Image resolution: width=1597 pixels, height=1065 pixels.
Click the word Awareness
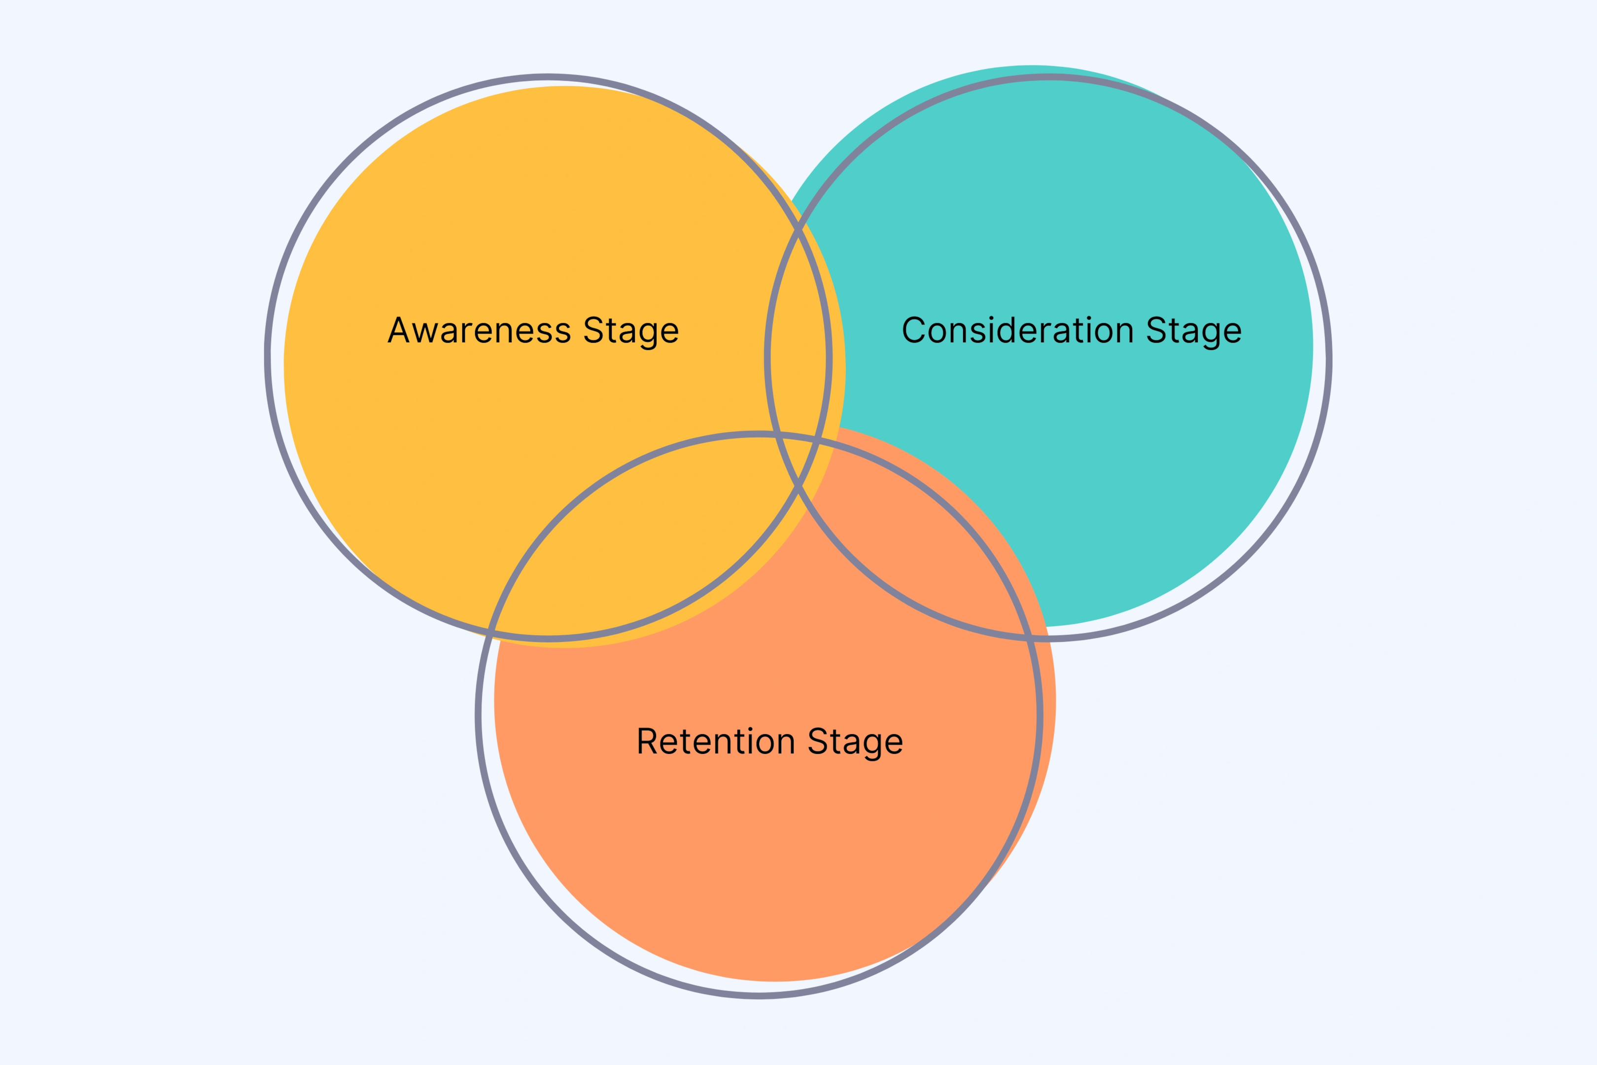[x=479, y=331]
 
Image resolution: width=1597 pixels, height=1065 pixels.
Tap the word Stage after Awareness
[x=631, y=331]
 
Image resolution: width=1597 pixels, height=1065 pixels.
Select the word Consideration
[x=1017, y=331]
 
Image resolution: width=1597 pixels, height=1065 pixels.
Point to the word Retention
[x=716, y=741]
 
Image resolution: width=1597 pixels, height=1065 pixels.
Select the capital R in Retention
[x=647, y=741]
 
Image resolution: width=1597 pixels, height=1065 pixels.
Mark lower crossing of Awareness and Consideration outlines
[x=798, y=486]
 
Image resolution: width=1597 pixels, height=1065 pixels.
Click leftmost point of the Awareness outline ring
[x=268, y=357]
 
